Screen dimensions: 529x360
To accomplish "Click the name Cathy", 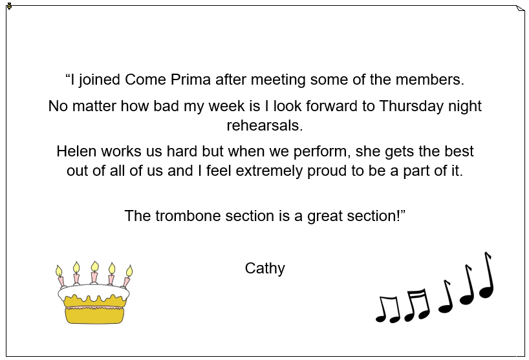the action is tap(265, 269).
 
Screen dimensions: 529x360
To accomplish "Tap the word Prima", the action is tap(191, 80).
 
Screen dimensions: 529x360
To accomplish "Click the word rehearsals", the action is tap(265, 125).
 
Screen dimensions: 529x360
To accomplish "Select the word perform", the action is tap(320, 152).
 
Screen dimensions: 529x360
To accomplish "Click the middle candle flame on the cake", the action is tap(95, 267).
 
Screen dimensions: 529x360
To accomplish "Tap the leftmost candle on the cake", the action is tap(60, 277).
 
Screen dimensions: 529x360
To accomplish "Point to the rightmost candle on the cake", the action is tap(127, 277).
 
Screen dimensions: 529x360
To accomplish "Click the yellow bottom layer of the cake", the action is tap(94, 316).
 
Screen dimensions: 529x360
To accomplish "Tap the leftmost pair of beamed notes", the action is tap(388, 309).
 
